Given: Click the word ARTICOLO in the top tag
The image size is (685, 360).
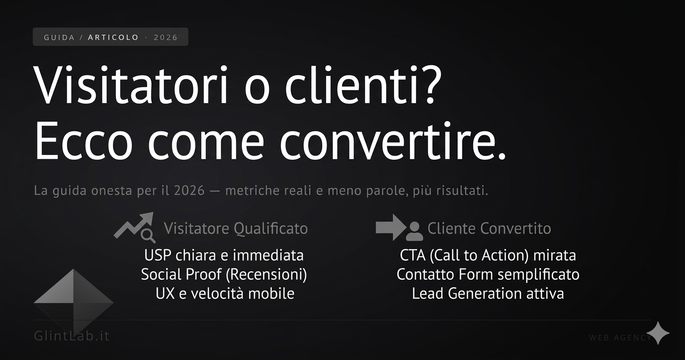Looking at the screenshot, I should pos(113,37).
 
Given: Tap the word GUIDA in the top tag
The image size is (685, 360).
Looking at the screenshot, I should pos(59,37).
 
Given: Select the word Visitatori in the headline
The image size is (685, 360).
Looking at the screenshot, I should pos(131,86).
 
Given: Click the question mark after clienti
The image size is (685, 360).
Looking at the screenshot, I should pos(426,86).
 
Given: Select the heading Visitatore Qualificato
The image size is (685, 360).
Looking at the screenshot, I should pos(236,228).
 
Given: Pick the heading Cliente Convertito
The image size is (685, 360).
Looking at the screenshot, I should pos(489,228).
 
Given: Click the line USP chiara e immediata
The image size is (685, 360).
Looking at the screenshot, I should pos(224,255).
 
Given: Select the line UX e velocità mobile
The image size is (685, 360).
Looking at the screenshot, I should pos(225,293).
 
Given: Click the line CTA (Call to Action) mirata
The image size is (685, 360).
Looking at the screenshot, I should pos(488,255).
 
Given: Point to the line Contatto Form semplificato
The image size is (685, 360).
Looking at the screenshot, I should pos(488,274).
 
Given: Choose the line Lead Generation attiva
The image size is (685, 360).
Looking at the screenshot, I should pos(488,293).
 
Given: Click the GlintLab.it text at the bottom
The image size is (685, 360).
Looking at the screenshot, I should pos(72,335).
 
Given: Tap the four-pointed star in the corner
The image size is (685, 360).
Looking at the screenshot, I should pos(658,333).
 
